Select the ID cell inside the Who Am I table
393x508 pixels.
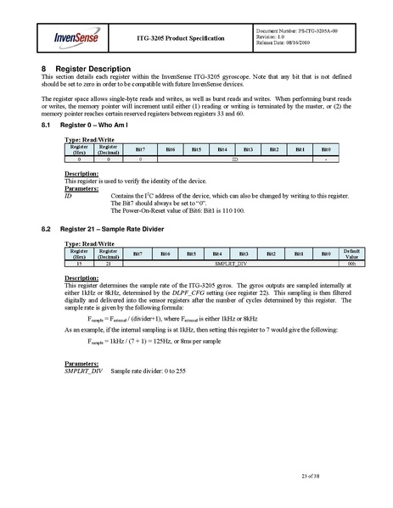[234, 159]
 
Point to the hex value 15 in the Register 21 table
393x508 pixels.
[79, 265]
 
